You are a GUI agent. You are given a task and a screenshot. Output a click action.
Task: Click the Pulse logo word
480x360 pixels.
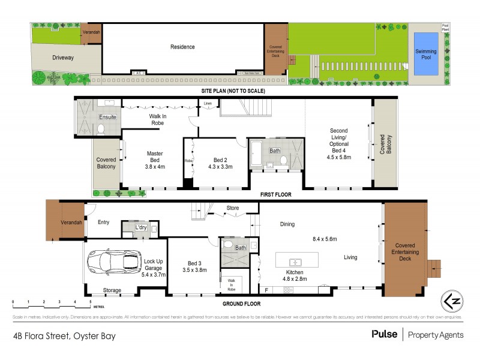click(385, 334)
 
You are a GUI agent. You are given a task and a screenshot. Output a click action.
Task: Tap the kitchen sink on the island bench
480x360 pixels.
click(295, 262)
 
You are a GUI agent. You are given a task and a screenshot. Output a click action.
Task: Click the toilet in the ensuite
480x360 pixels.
click(101, 128)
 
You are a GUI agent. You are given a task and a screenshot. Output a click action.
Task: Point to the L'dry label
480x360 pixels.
click(141, 228)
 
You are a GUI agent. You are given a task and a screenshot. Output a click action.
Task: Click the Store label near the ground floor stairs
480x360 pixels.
click(233, 209)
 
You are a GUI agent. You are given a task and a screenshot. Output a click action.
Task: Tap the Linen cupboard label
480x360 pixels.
click(208, 104)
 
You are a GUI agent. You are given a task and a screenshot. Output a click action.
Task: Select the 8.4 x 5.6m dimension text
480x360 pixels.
click(330, 239)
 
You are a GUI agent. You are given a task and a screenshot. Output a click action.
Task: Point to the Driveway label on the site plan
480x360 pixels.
click(63, 58)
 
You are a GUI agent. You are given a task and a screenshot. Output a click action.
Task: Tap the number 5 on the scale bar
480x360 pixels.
click(90, 301)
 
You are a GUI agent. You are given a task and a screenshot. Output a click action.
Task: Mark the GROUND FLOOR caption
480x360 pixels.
click(242, 304)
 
